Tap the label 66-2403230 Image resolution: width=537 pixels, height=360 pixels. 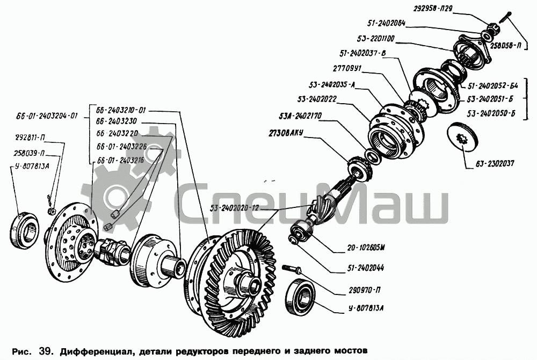(x=117, y=121)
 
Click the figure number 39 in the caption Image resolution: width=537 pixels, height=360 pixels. (x=45, y=351)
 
